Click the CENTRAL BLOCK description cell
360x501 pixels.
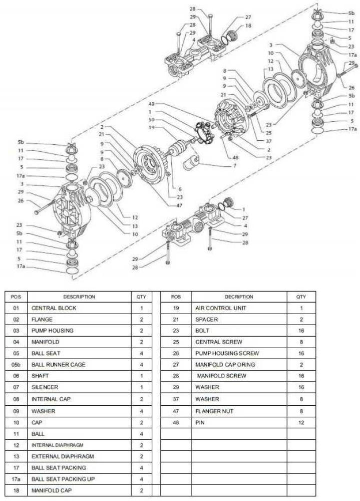pyautogui.click(x=54, y=308)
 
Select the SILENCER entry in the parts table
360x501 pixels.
pyautogui.click(x=45, y=387)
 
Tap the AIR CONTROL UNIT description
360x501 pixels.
pyautogui.click(x=220, y=308)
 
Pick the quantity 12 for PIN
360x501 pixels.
pyautogui.click(x=301, y=422)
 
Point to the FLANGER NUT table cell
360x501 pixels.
pyautogui.click(x=214, y=411)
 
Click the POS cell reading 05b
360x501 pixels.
pyautogui.click(x=17, y=365)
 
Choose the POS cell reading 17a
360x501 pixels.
pyautogui.click(x=17, y=479)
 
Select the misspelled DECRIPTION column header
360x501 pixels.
pyautogui.click(x=239, y=297)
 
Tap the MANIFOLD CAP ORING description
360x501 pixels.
pyautogui.click(x=225, y=365)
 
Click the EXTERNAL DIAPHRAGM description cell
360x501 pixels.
pyautogui.click(x=63, y=456)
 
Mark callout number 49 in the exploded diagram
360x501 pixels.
pyautogui.click(x=151, y=104)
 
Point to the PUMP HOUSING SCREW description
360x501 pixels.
pyautogui.click(x=227, y=353)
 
